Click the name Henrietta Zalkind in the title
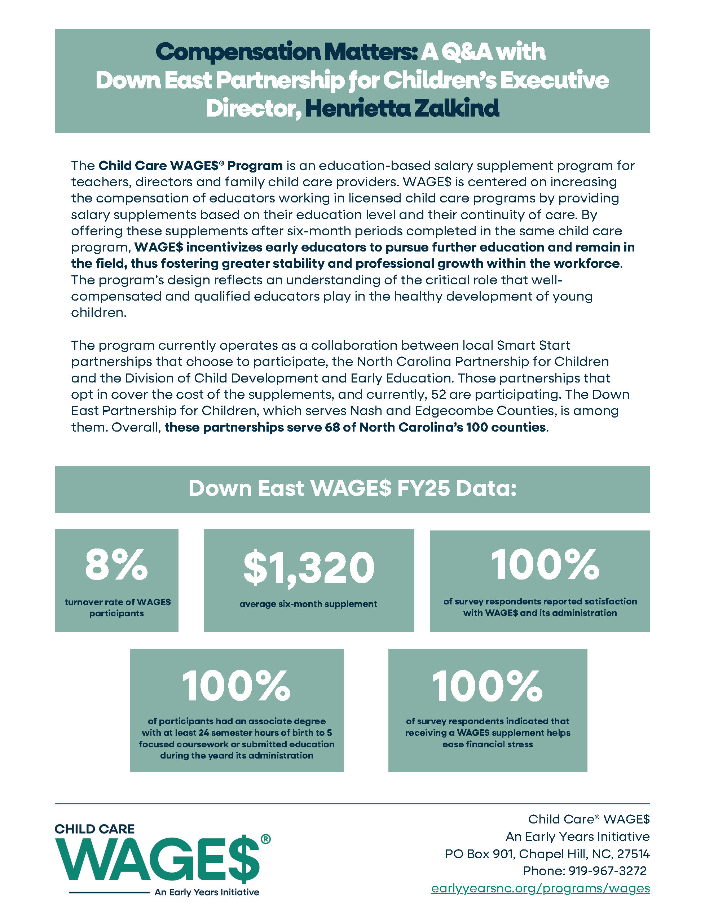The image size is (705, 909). (x=402, y=108)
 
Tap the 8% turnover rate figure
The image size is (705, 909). (x=116, y=564)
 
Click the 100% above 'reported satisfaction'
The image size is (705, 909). (x=545, y=564)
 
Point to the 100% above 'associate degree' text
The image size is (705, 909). (x=236, y=686)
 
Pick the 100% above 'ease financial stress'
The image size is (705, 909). (x=487, y=686)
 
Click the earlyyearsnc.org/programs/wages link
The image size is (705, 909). (x=540, y=888)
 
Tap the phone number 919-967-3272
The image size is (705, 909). (x=607, y=871)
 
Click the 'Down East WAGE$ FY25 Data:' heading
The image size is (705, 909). (x=352, y=489)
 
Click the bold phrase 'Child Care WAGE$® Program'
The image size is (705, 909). (x=190, y=166)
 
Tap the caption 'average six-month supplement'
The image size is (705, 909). (x=308, y=604)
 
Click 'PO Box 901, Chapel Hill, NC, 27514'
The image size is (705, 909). (x=547, y=854)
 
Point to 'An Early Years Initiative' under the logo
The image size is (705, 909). (x=207, y=892)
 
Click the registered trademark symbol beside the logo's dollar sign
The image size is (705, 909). (x=265, y=839)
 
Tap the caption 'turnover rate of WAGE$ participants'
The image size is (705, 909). (x=117, y=608)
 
